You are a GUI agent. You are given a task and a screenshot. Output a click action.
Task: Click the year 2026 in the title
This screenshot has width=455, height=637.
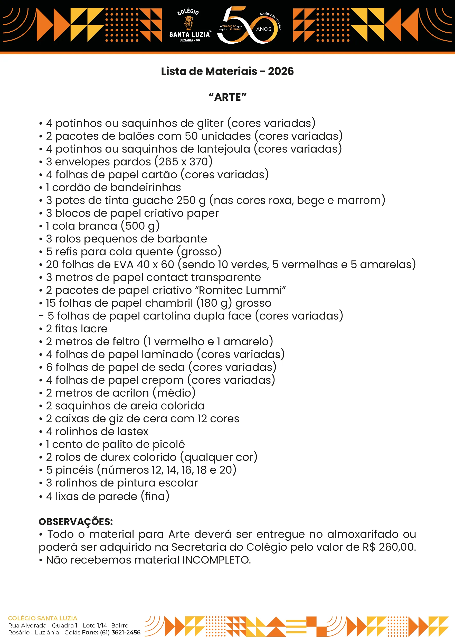280,71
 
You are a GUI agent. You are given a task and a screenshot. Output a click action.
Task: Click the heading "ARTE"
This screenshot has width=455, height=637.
227,97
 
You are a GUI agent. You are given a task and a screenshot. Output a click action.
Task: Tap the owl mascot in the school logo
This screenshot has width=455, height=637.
188,23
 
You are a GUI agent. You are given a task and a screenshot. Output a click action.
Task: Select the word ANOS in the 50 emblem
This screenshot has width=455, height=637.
264,29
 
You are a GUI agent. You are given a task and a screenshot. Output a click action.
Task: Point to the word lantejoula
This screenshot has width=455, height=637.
223,149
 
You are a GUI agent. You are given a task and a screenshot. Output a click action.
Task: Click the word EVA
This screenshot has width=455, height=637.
123,265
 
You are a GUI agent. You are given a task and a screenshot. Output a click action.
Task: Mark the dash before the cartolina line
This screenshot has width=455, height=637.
41,316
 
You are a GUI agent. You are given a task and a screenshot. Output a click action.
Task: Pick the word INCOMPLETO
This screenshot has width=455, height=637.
216,560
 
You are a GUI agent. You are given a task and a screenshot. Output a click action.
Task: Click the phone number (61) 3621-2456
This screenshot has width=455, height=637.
120,632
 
